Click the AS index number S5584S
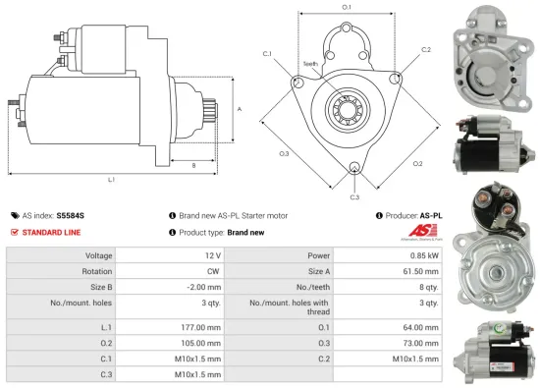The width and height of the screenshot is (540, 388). (x=71, y=214)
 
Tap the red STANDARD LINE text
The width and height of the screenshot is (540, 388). (x=51, y=232)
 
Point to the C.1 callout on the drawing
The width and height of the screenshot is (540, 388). (x=267, y=55)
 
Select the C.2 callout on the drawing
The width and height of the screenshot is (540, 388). (x=426, y=48)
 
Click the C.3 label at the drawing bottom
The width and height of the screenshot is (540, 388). (x=354, y=196)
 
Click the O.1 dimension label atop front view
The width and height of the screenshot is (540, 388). (x=347, y=8)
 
